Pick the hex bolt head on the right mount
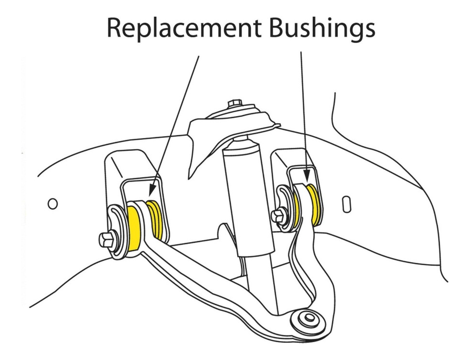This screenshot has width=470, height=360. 278,216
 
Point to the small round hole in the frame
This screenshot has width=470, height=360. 53,204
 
